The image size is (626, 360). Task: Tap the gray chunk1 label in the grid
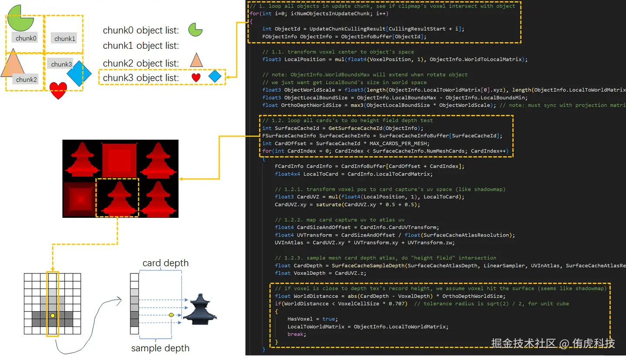[65, 39]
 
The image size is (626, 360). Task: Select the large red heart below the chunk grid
[58, 90]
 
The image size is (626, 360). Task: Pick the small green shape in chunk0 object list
[195, 30]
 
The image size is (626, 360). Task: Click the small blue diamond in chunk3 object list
[215, 77]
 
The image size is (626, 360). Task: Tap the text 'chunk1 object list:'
[141, 46]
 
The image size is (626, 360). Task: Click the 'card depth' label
[166, 263]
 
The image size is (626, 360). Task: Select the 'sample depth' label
[160, 348]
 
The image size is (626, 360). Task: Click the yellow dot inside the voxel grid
[53, 315]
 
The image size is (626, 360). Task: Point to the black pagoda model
[200, 309]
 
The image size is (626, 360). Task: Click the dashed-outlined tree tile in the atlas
[117, 198]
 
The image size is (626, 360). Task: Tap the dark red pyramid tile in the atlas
[79, 199]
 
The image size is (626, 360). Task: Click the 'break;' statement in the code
[297, 334]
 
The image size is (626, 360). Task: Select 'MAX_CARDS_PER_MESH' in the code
[397, 143]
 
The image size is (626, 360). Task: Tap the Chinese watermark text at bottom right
[553, 343]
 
